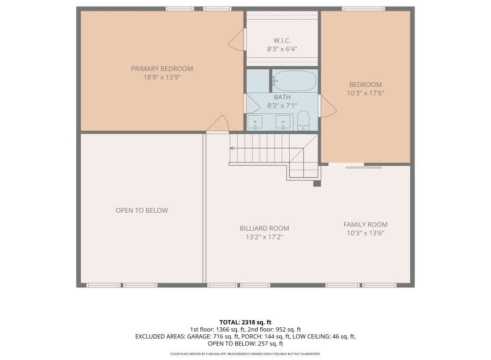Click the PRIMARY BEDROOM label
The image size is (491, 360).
(162, 69)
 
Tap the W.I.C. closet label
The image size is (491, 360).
(282, 40)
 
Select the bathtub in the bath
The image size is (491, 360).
(294, 80)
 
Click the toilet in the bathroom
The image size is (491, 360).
(303, 121)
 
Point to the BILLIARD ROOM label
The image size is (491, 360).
(264, 228)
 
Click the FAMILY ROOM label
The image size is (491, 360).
(366, 224)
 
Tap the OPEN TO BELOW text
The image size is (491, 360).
(142, 211)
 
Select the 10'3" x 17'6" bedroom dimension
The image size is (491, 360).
(366, 93)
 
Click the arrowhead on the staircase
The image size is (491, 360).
(232, 148)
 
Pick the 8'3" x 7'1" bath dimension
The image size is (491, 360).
(282, 106)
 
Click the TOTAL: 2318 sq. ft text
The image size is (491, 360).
(245, 322)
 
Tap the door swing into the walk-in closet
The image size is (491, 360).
(236, 39)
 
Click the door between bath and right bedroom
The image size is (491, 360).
(327, 106)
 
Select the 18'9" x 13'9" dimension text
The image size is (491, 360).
(162, 77)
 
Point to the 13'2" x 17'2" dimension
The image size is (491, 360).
(264, 237)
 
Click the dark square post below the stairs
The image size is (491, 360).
(317, 183)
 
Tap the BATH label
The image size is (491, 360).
(282, 97)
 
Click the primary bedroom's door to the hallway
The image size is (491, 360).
(218, 124)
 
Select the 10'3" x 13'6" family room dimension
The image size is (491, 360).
(366, 233)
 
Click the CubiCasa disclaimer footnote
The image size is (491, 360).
(245, 354)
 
